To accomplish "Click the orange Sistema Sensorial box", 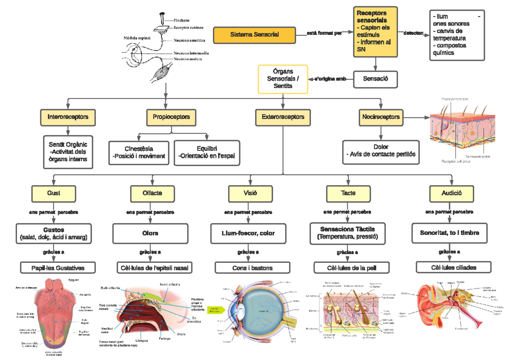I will [255, 34].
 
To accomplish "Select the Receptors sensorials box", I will [375, 32].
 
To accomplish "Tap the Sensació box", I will [375, 79].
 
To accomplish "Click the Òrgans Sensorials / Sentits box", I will [283, 79].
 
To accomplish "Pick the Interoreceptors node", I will [68, 117].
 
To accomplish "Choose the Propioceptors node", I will [168, 117].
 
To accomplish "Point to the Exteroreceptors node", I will [283, 117].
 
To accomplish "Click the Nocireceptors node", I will [380, 117].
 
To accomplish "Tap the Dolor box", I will [381, 152].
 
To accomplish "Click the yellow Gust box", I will [53, 193].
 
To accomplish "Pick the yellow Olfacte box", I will [152, 193].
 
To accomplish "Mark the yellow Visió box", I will [249, 193].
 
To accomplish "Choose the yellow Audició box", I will [451, 193].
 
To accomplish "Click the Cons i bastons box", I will [252, 268].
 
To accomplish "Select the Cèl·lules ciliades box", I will [453, 267].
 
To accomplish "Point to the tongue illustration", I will [53, 314].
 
